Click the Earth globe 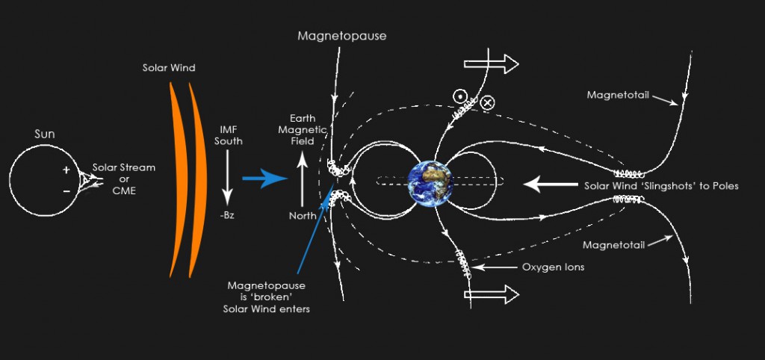point(431,184)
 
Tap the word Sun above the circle point(44,134)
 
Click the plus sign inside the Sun point(66,170)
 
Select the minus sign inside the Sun point(66,191)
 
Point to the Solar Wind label point(169,68)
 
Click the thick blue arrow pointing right point(264,179)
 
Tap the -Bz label point(227,214)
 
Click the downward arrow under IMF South point(227,179)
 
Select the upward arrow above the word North point(303,179)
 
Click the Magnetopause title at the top point(342,36)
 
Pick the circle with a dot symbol point(459,96)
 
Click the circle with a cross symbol point(487,102)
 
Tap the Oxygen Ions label point(554,267)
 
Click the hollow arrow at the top point(491,64)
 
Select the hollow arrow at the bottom point(491,294)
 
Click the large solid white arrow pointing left point(551,185)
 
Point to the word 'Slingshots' point(653,186)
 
